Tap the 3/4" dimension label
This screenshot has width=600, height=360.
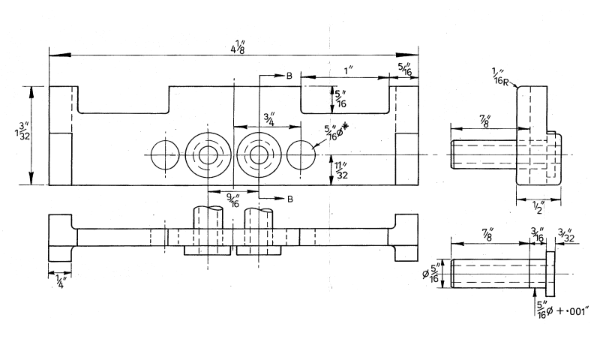click(269, 118)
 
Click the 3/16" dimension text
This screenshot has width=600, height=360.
click(537, 235)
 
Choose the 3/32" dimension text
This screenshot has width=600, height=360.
click(567, 235)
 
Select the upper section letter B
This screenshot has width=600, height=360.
click(288, 76)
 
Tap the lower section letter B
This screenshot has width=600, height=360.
click(288, 198)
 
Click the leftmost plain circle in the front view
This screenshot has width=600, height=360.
click(163, 155)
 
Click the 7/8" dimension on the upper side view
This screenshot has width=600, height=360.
click(484, 121)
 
